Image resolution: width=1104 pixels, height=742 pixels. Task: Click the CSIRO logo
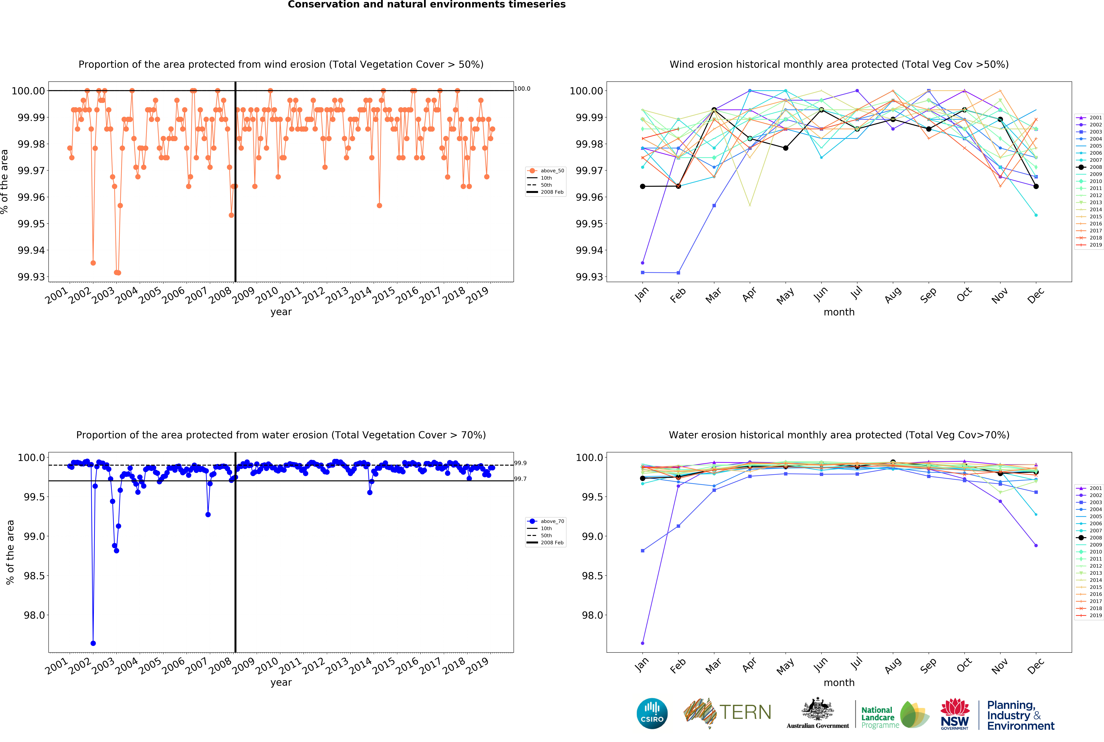[652, 713]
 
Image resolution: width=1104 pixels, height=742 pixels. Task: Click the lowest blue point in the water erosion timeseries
[93, 643]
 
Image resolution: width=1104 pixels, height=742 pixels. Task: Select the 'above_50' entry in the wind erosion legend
[552, 171]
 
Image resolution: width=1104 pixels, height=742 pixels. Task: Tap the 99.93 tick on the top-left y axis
[31, 277]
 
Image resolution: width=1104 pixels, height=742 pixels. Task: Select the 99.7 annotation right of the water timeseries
[520, 479]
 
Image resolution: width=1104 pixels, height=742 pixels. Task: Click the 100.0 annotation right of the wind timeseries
[522, 89]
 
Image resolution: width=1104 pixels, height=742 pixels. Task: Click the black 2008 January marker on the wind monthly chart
[642, 186]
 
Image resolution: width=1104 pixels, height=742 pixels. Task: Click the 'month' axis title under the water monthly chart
[839, 682]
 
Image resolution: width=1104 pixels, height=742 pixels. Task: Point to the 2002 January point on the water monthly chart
[642, 643]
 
